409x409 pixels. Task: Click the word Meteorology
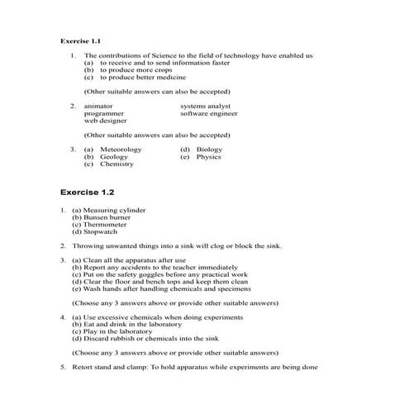121,149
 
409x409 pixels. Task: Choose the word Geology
113,156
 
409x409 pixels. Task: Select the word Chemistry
117,164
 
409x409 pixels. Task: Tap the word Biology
210,149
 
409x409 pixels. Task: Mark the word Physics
208,156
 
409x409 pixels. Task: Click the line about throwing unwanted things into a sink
177,246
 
